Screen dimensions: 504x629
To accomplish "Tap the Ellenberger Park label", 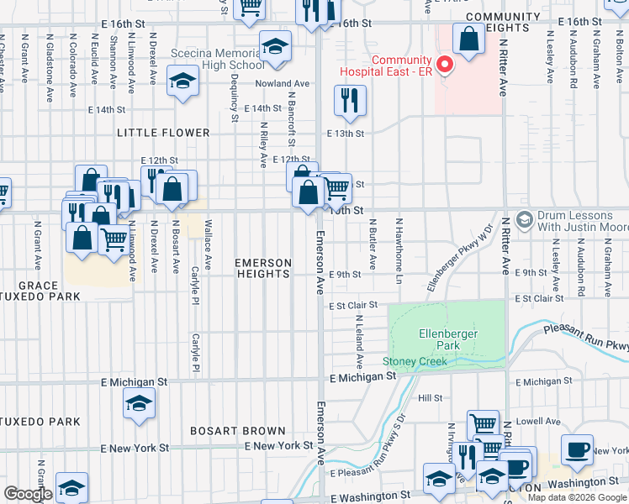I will (x=445, y=339).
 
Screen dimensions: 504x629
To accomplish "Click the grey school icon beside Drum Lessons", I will (x=525, y=219).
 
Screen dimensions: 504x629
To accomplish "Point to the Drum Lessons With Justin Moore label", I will (x=581, y=220).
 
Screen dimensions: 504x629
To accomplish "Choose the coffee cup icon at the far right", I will (x=577, y=450).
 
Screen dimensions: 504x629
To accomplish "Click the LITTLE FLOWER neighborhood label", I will (x=163, y=133).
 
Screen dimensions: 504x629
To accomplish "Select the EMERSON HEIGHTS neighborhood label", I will (x=263, y=269).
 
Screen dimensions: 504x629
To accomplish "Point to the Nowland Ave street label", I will (x=284, y=84).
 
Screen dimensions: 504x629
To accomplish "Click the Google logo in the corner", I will (x=28, y=494).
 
